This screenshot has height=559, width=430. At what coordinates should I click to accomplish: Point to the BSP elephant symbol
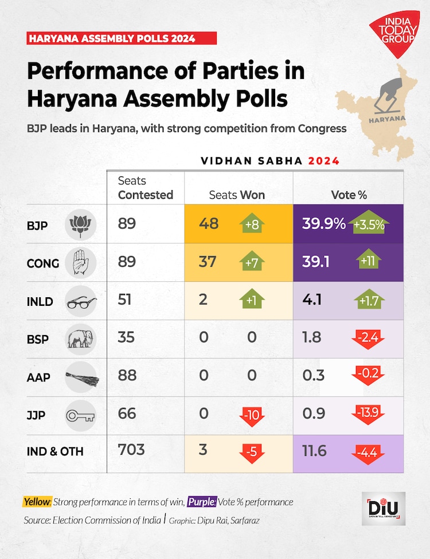[x=80, y=339]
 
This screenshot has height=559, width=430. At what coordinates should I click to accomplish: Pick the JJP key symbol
[x=81, y=414]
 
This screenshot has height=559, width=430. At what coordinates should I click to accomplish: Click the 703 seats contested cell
[x=131, y=451]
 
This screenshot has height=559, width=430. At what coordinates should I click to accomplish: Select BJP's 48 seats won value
[x=208, y=224]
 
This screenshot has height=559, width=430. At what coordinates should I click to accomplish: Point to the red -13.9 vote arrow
[x=368, y=415]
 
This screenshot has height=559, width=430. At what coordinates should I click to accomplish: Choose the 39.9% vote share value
[x=323, y=224]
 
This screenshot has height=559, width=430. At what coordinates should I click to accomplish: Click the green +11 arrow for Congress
[x=368, y=262]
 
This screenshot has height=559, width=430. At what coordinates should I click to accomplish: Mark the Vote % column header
[x=349, y=195]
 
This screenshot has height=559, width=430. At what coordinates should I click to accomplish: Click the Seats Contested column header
[x=145, y=188]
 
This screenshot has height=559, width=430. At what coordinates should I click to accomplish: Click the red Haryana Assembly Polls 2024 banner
[x=122, y=38]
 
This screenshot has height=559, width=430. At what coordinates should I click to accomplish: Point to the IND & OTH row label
[x=55, y=451]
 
